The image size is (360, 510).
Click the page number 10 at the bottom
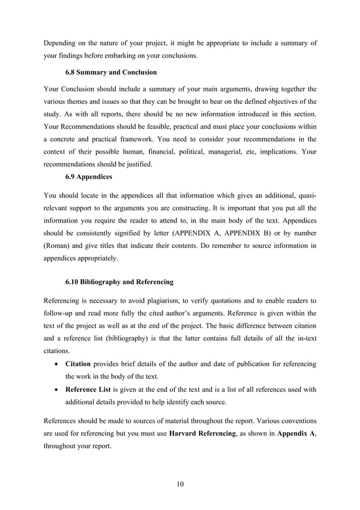(180, 483)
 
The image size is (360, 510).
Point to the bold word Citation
(78, 364)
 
